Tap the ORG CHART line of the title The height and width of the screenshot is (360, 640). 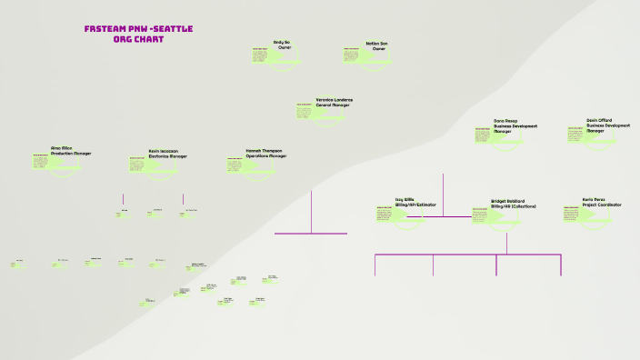(x=138, y=40)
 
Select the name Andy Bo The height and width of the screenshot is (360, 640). (x=282, y=42)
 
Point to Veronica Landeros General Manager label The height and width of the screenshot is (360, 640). (x=334, y=102)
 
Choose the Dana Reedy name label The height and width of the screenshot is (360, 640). (x=505, y=120)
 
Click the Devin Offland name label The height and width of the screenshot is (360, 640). (x=600, y=120)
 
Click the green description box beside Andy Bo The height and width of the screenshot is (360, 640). (x=259, y=56)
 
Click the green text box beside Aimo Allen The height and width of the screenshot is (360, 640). (x=40, y=160)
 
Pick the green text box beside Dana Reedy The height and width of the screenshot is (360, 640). (x=483, y=135)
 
